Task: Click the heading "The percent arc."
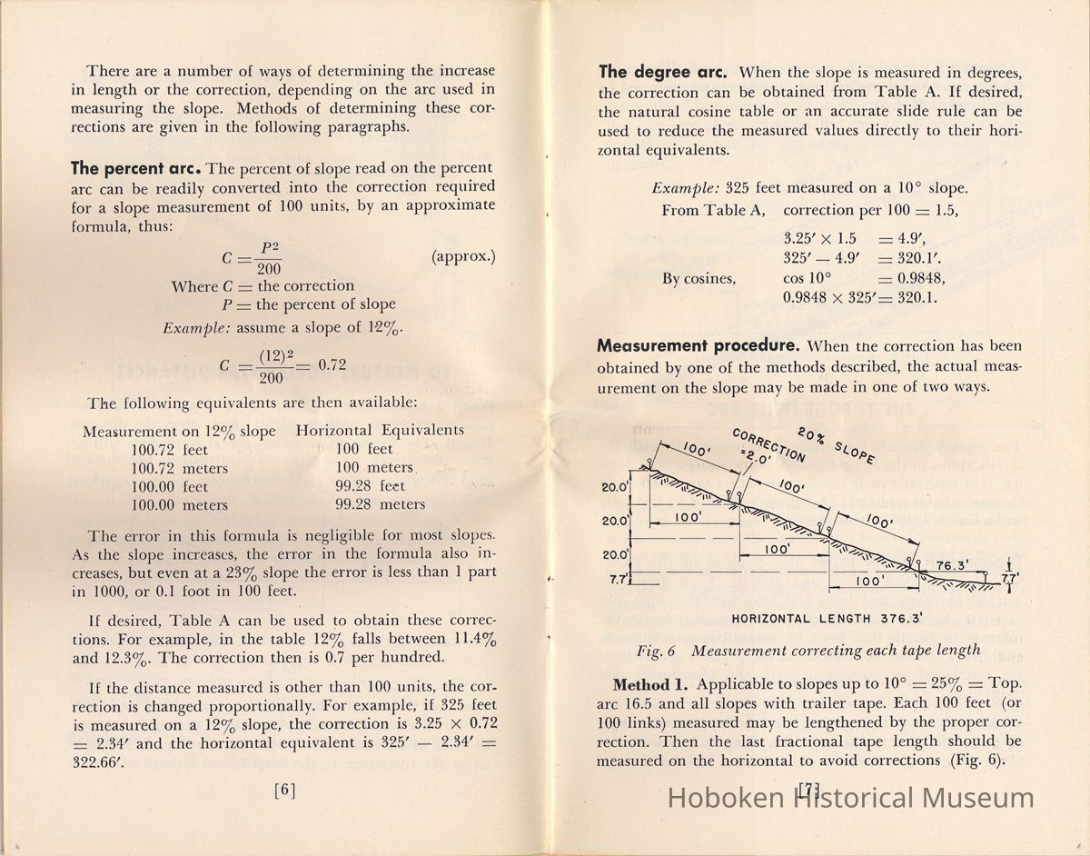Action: pyautogui.click(x=135, y=169)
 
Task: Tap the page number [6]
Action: pyautogui.click(x=285, y=790)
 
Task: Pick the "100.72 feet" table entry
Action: pyautogui.click(x=170, y=450)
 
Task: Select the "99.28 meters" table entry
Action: pyautogui.click(x=380, y=504)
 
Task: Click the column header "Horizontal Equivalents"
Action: pyautogui.click(x=380, y=431)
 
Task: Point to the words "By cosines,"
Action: pyautogui.click(x=699, y=279)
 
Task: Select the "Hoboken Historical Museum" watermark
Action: pyautogui.click(x=850, y=798)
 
